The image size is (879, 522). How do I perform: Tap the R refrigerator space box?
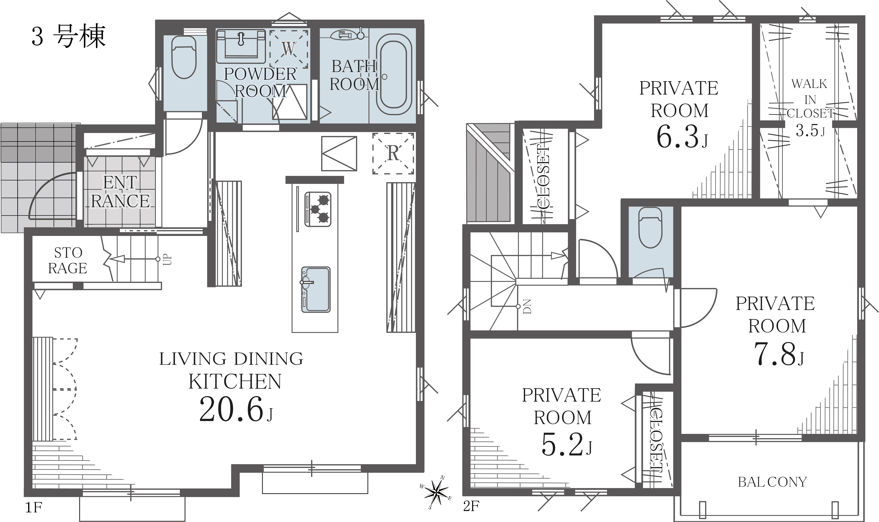point(393,153)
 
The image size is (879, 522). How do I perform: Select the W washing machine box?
point(289,49)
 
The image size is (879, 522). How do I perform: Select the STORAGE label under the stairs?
point(68,260)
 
